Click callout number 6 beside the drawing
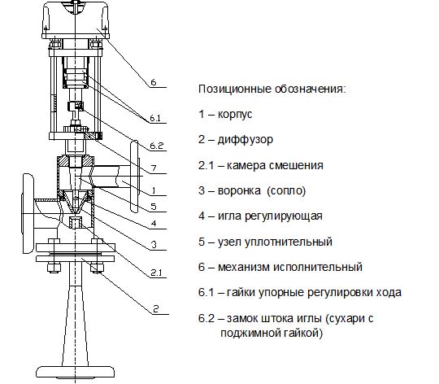click(x=153, y=82)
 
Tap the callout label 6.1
click(x=155, y=118)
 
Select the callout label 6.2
click(x=157, y=146)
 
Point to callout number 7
click(x=154, y=168)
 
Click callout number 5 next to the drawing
click(x=154, y=207)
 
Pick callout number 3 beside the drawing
click(x=154, y=245)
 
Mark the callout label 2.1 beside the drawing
click(x=156, y=273)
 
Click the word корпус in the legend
click(x=235, y=115)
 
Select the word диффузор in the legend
click(x=246, y=140)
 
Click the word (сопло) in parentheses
click(x=286, y=190)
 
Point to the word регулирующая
click(x=284, y=216)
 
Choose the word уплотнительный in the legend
click(x=289, y=242)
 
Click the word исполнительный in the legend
click(x=318, y=267)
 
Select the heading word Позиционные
click(x=235, y=89)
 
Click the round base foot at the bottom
click(x=76, y=372)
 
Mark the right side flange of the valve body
click(x=135, y=177)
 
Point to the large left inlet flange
click(x=28, y=214)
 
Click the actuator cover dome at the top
click(x=76, y=18)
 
